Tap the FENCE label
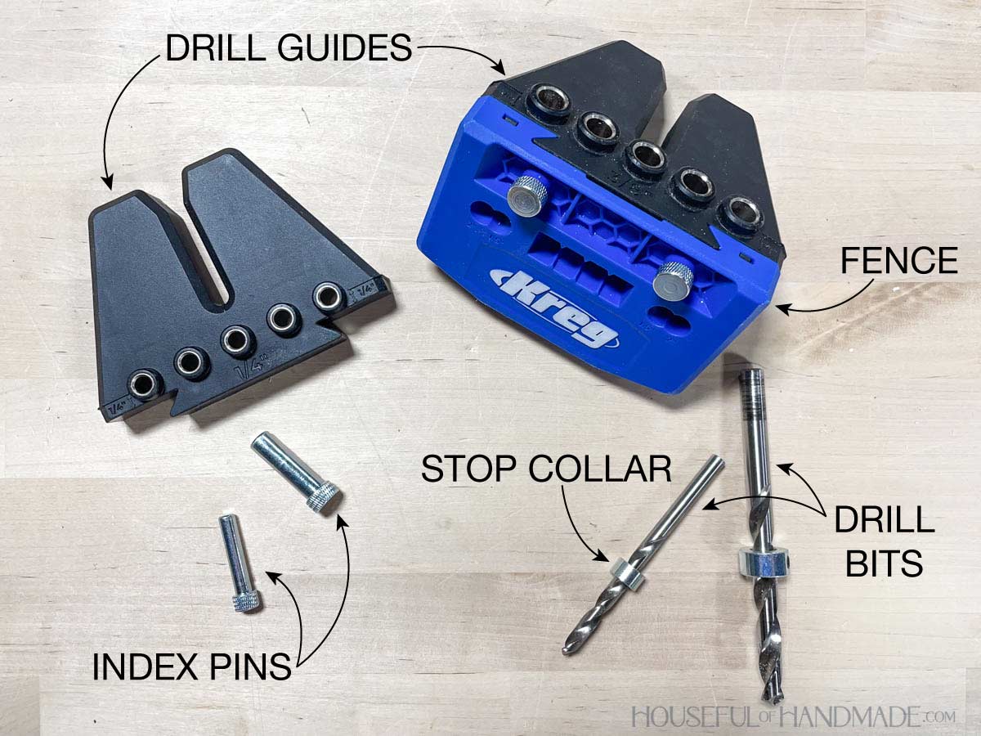pyautogui.click(x=899, y=261)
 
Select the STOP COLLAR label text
pyautogui.click(x=546, y=469)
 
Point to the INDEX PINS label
pyautogui.click(x=192, y=666)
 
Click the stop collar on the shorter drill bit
pyautogui.click(x=628, y=574)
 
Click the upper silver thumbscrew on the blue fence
pyautogui.click(x=528, y=195)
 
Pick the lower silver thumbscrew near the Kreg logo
pyautogui.click(x=673, y=281)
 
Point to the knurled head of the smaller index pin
pyautogui.click(x=246, y=602)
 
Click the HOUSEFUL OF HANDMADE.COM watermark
pyautogui.click(x=793, y=716)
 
